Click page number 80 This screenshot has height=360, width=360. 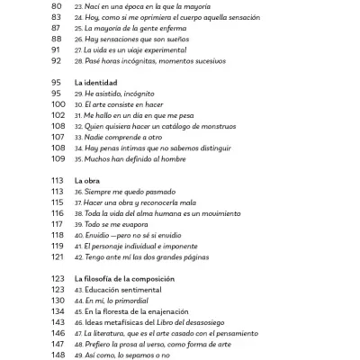click(56, 6)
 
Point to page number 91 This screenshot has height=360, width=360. click(56, 50)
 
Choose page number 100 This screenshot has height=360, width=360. click(58, 104)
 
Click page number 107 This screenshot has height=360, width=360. click(58, 137)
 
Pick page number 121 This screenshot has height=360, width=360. click(58, 256)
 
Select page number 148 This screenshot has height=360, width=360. click(58, 354)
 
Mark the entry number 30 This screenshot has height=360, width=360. click(79, 104)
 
